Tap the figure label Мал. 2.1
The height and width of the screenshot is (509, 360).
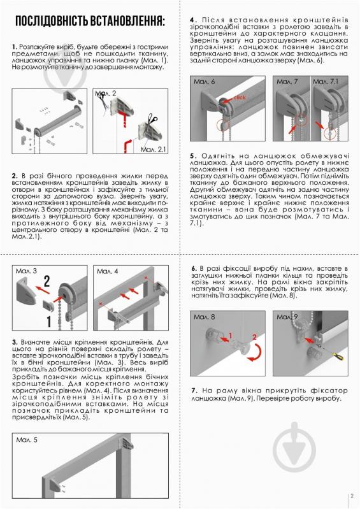point(154,149)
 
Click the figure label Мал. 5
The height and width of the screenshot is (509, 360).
point(27,440)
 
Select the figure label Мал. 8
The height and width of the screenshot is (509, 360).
point(205,317)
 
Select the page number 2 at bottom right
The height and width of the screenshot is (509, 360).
point(351,499)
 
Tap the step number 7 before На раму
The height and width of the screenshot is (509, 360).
point(192,390)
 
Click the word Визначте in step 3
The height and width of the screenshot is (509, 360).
point(36,343)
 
